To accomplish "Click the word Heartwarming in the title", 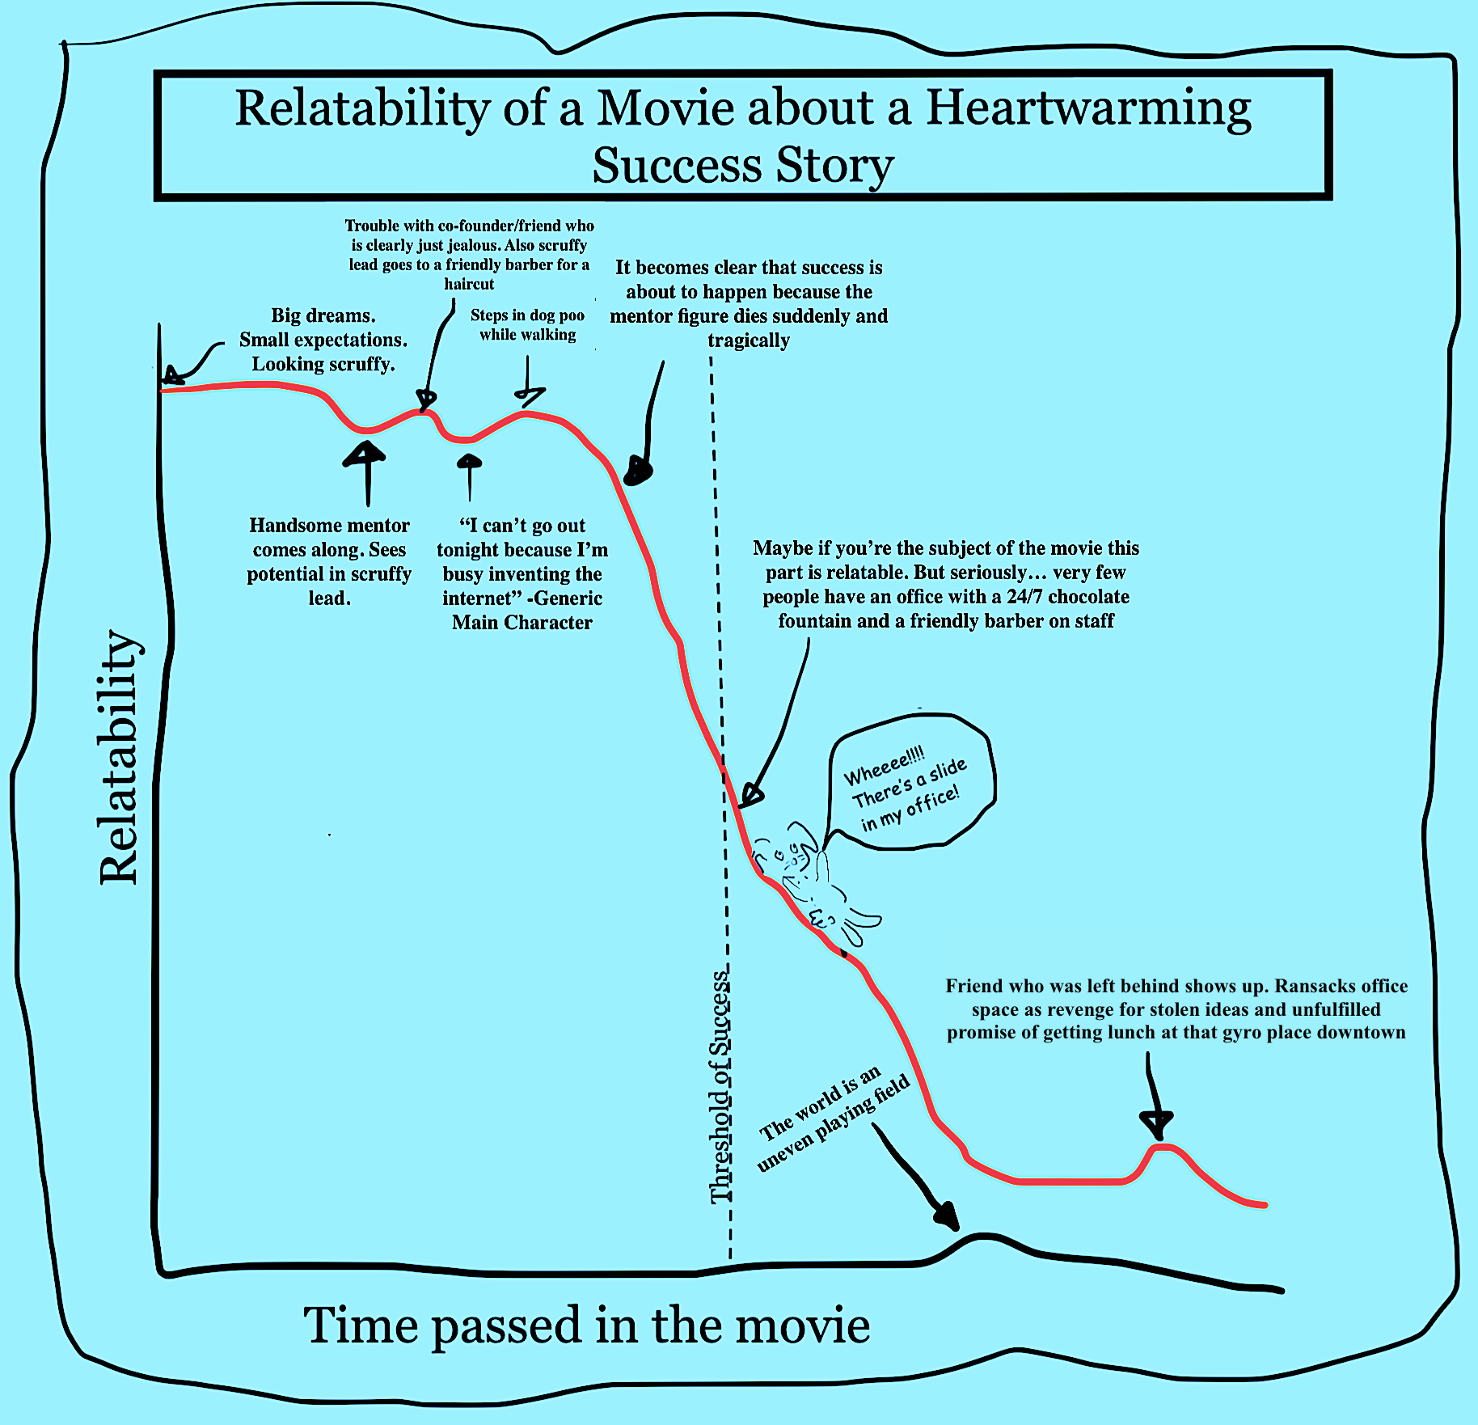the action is point(1088,109).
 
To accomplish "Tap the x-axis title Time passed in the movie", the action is point(586,1326).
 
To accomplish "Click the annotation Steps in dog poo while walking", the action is point(527,325).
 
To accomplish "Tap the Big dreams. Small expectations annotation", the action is point(323,340).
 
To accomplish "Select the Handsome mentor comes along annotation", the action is point(329,562).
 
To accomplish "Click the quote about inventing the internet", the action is point(522,574).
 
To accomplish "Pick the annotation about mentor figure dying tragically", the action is point(749,303).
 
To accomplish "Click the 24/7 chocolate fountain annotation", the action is point(946,584).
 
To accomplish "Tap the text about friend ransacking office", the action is point(1176,1009).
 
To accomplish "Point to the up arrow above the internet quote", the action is point(469,477).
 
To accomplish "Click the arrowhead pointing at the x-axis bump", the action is point(946,1215).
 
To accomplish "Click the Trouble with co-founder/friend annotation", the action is point(469,255).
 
